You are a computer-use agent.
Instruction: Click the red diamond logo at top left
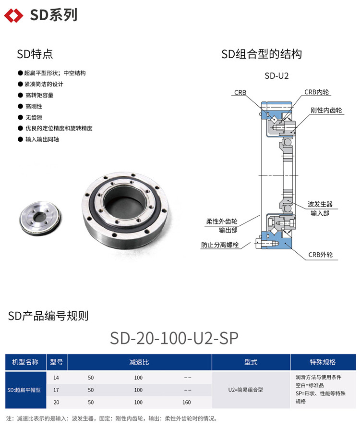pyautogui.click(x=13, y=15)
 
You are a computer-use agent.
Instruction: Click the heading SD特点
pyautogui.click(x=35, y=54)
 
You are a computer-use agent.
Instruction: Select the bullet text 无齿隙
pyautogui.click(x=34, y=117)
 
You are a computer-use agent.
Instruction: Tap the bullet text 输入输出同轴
pyautogui.click(x=42, y=139)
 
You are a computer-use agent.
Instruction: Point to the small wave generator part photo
pyautogui.click(x=41, y=218)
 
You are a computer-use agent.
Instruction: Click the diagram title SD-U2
pyautogui.click(x=276, y=76)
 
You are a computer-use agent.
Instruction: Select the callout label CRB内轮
pyautogui.click(x=317, y=92)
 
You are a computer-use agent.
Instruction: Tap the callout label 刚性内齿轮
pyautogui.click(x=326, y=110)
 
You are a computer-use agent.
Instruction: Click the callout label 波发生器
pyautogui.click(x=320, y=204)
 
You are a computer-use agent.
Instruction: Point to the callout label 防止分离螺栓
pyautogui.click(x=220, y=245)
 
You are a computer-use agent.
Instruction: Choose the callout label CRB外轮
pyautogui.click(x=321, y=255)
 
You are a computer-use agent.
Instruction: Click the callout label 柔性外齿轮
pyautogui.click(x=222, y=221)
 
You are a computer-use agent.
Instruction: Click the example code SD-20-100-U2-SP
pyautogui.click(x=174, y=338)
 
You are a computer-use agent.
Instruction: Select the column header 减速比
pyautogui.click(x=139, y=362)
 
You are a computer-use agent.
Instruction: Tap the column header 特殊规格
pyautogui.click(x=323, y=362)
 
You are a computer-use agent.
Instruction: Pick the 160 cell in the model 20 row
pyautogui.click(x=187, y=402)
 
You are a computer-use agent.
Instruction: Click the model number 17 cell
pyautogui.click(x=56, y=390)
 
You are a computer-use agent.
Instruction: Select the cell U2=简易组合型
pyautogui.click(x=245, y=390)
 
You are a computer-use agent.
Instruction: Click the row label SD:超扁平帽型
pyautogui.click(x=24, y=390)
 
